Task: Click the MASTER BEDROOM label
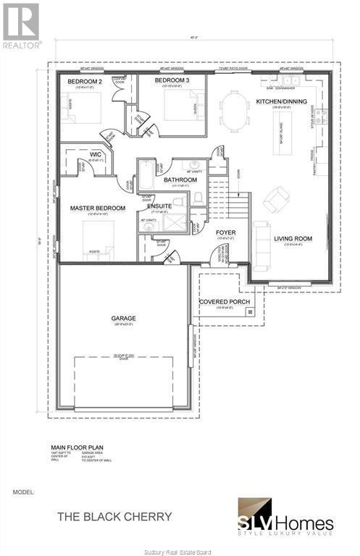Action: pos(98,208)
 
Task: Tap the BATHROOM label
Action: pos(180,180)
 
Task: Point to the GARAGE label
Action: pos(123,318)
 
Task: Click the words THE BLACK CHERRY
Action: pos(115,517)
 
